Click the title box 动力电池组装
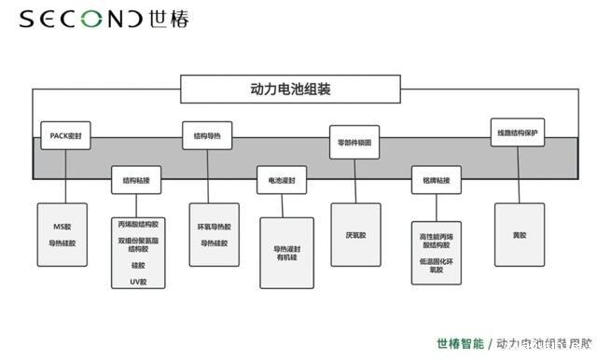290,90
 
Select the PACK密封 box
66,135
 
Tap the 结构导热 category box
206,136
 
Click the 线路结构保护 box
517,132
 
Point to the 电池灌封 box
282,179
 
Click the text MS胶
62,227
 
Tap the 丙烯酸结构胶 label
138,225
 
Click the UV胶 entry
138,280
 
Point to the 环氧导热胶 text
214,227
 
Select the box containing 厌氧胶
355,234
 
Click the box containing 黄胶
519,235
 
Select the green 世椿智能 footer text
460,343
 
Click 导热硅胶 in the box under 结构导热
214,243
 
